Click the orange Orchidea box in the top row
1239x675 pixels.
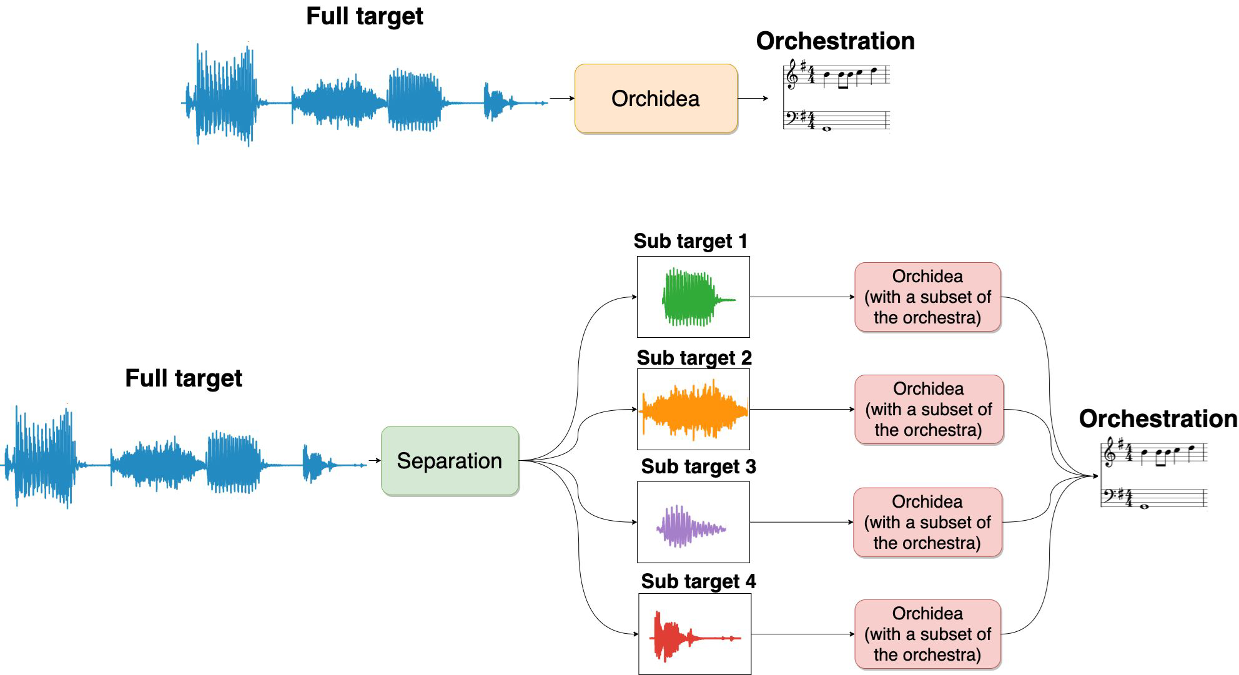point(656,99)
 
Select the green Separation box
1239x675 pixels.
point(450,461)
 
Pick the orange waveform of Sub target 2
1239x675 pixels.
point(693,410)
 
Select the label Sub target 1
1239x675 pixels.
point(690,241)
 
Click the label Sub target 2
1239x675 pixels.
point(694,358)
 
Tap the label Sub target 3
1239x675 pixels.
point(698,466)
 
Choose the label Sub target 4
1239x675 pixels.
point(698,581)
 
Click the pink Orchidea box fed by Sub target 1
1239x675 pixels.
point(927,297)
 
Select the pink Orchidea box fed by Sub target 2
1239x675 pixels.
point(929,410)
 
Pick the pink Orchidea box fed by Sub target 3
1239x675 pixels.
point(927,523)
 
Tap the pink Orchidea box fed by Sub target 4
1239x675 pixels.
point(927,634)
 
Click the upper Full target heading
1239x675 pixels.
point(364,16)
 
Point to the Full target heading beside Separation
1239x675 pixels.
point(183,378)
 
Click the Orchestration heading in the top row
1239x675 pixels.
point(835,41)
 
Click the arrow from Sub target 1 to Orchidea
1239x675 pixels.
point(802,297)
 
